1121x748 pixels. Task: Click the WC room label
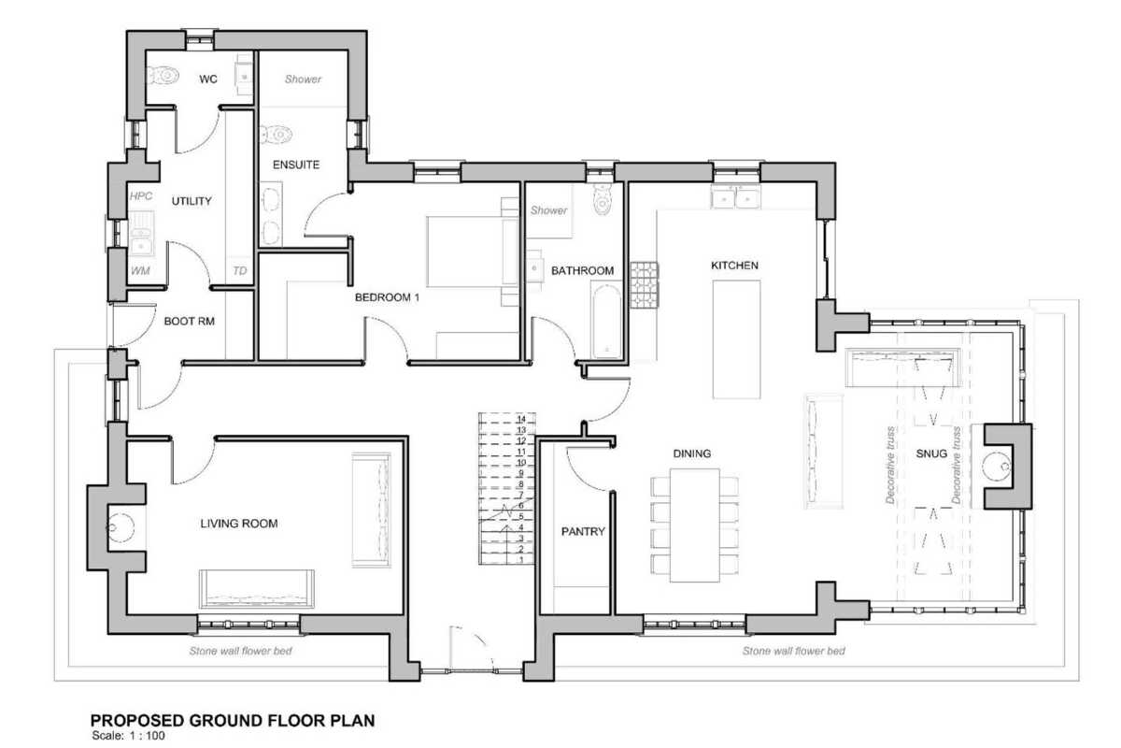pos(208,79)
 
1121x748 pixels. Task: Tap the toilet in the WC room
pos(163,76)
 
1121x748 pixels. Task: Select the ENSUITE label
pos(296,165)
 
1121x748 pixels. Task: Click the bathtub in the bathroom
pos(606,321)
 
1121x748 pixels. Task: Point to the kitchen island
pos(737,339)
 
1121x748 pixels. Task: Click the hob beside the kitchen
pos(644,284)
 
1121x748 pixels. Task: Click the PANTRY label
pos(583,531)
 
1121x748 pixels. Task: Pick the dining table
pos(695,525)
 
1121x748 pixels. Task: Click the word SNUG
pos(931,453)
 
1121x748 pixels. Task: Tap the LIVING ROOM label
pos(239,524)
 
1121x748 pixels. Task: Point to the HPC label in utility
pos(141,196)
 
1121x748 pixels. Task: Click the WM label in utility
pos(140,271)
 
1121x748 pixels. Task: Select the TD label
pos(240,271)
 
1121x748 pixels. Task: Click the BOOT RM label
pos(189,321)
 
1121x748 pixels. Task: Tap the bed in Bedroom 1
pos(473,252)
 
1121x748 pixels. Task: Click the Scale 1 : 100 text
pos(129,736)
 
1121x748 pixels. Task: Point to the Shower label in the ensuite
pos(303,79)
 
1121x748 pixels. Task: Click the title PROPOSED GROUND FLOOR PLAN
pos(233,721)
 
